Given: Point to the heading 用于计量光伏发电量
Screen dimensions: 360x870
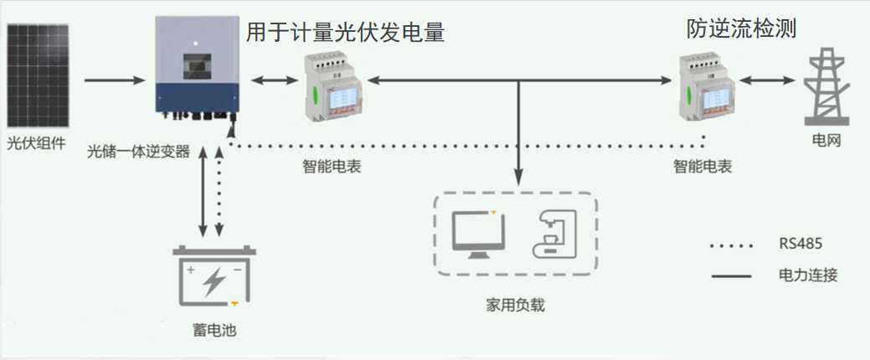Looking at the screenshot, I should click(x=344, y=33).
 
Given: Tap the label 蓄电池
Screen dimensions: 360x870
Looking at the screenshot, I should click(x=214, y=330).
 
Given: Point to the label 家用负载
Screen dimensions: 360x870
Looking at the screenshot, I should click(x=515, y=304).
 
